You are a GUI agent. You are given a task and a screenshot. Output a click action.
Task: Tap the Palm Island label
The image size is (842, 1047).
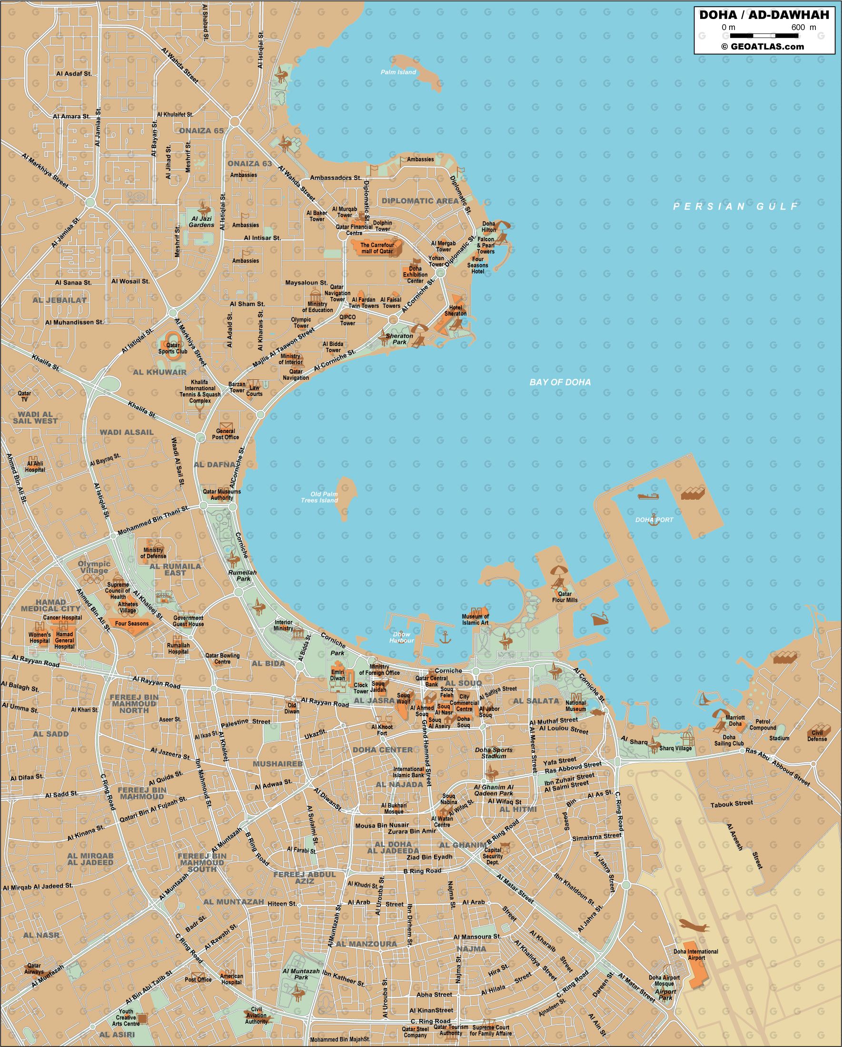tap(398, 72)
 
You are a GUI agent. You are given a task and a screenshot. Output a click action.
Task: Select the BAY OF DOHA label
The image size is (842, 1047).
tap(560, 382)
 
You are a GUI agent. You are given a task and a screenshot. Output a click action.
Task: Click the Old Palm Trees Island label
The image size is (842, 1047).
tap(319, 497)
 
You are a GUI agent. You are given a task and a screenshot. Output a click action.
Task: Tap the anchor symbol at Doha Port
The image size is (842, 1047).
tap(654, 517)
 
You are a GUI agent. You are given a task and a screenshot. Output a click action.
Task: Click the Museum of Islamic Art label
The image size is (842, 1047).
tap(475, 620)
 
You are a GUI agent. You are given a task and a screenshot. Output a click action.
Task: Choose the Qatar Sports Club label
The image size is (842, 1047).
tap(173, 348)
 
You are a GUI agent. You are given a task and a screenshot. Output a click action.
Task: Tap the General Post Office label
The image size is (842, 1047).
tap(225, 434)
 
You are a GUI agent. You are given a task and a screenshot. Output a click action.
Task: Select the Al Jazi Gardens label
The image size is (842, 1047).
tap(201, 222)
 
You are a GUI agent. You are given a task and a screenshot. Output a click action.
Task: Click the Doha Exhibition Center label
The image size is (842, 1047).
tap(415, 275)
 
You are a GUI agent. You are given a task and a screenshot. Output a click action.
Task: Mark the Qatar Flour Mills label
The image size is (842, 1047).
tap(565, 597)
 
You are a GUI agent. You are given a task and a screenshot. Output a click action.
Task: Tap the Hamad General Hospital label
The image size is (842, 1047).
tap(65, 640)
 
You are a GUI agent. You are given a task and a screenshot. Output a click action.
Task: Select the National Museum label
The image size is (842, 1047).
tap(575, 706)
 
